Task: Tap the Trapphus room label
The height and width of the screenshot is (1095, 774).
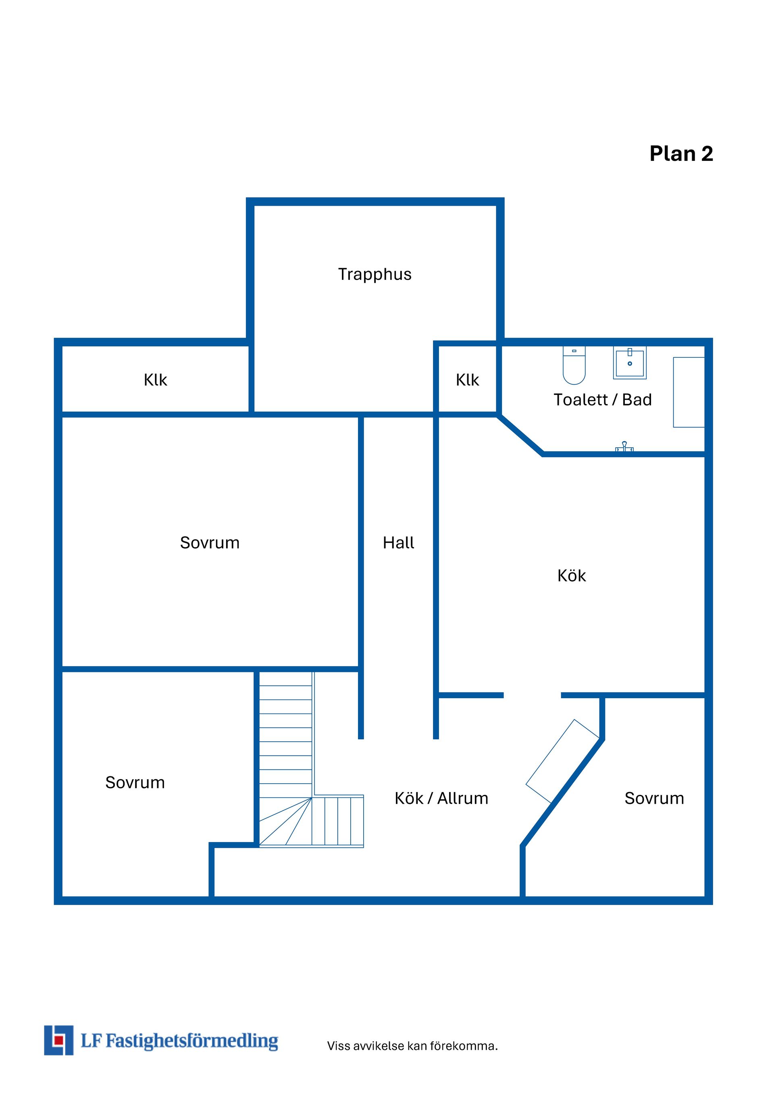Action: click(x=375, y=275)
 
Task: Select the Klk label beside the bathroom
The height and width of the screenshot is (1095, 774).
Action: click(x=467, y=380)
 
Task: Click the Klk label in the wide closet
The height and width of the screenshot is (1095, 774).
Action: click(x=155, y=380)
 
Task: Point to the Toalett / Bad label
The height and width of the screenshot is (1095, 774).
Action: click(x=602, y=400)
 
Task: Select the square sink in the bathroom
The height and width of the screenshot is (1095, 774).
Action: click(x=630, y=363)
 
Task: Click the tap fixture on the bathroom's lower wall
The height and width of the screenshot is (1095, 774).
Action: click(x=624, y=446)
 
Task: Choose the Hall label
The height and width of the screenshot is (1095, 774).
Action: click(x=398, y=543)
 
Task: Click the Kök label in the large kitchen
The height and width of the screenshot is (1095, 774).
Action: click(x=572, y=576)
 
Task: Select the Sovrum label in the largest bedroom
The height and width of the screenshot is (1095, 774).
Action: click(x=210, y=543)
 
